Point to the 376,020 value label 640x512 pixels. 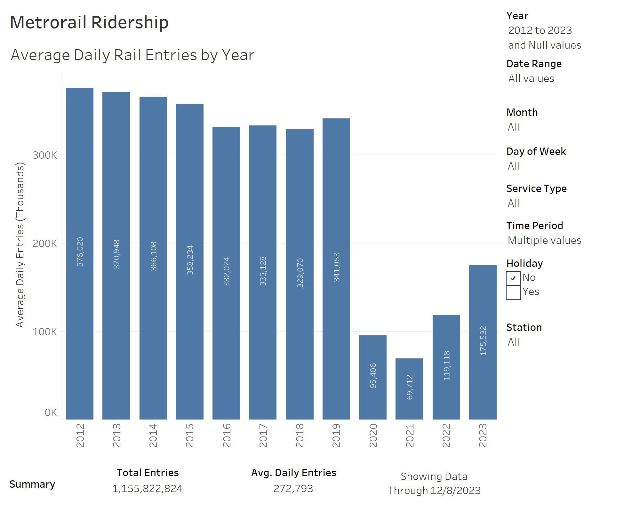80,252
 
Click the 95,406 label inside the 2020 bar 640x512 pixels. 373,376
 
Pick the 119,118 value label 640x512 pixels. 447,366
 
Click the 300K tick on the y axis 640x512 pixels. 44,155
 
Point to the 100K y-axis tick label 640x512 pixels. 44,332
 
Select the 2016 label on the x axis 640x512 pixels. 227,436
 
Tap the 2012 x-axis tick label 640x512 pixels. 80,436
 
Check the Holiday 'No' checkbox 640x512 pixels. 513,278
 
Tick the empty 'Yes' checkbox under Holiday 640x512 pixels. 513,292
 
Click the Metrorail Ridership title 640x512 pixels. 89,22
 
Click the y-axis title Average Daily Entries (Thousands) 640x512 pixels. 20,245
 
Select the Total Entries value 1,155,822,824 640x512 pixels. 147,489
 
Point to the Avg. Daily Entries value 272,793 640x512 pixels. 293,489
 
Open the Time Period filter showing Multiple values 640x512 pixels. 544,240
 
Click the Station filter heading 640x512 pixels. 524,327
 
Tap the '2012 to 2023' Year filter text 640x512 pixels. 540,30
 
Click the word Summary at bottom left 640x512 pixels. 32,484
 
